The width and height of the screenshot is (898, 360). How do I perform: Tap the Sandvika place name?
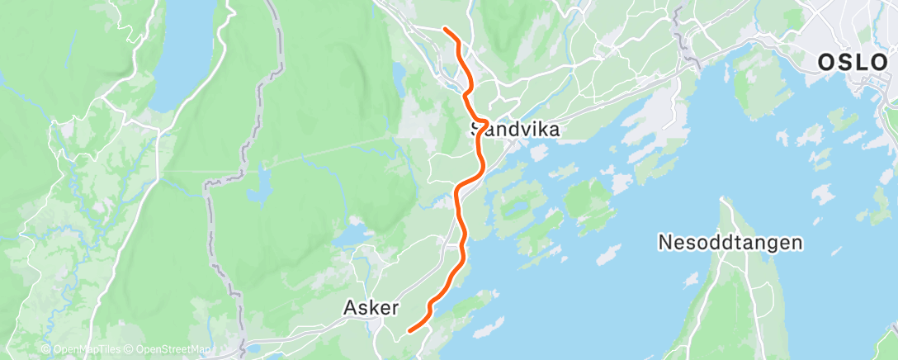coord(515,130)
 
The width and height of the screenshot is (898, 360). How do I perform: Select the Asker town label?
coord(371,308)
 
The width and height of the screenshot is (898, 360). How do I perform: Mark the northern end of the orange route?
coord(445,29)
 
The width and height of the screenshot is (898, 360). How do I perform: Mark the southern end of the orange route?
coord(409,332)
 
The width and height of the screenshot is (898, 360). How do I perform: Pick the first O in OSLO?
coord(826,62)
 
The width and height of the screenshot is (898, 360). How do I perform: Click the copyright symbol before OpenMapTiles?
coord(45,350)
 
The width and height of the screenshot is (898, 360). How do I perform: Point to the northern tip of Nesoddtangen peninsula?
coord(723,200)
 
